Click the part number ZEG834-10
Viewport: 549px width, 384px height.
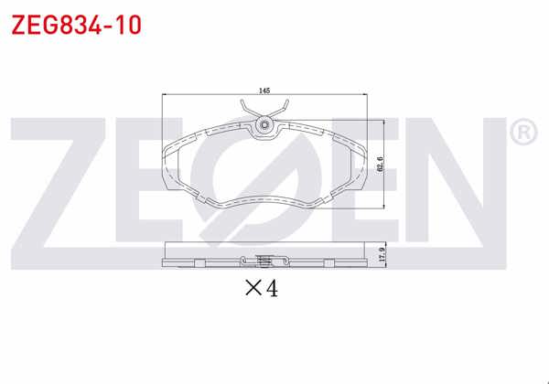[75, 25]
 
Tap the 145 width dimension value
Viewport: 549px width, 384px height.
[264, 91]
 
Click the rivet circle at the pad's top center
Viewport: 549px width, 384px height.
[265, 125]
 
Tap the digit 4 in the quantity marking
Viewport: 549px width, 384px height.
[271, 289]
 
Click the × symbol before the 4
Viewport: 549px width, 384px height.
[252, 290]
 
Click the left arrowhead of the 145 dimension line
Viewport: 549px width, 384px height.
[165, 96]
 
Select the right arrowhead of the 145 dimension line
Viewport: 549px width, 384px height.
[368, 96]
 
